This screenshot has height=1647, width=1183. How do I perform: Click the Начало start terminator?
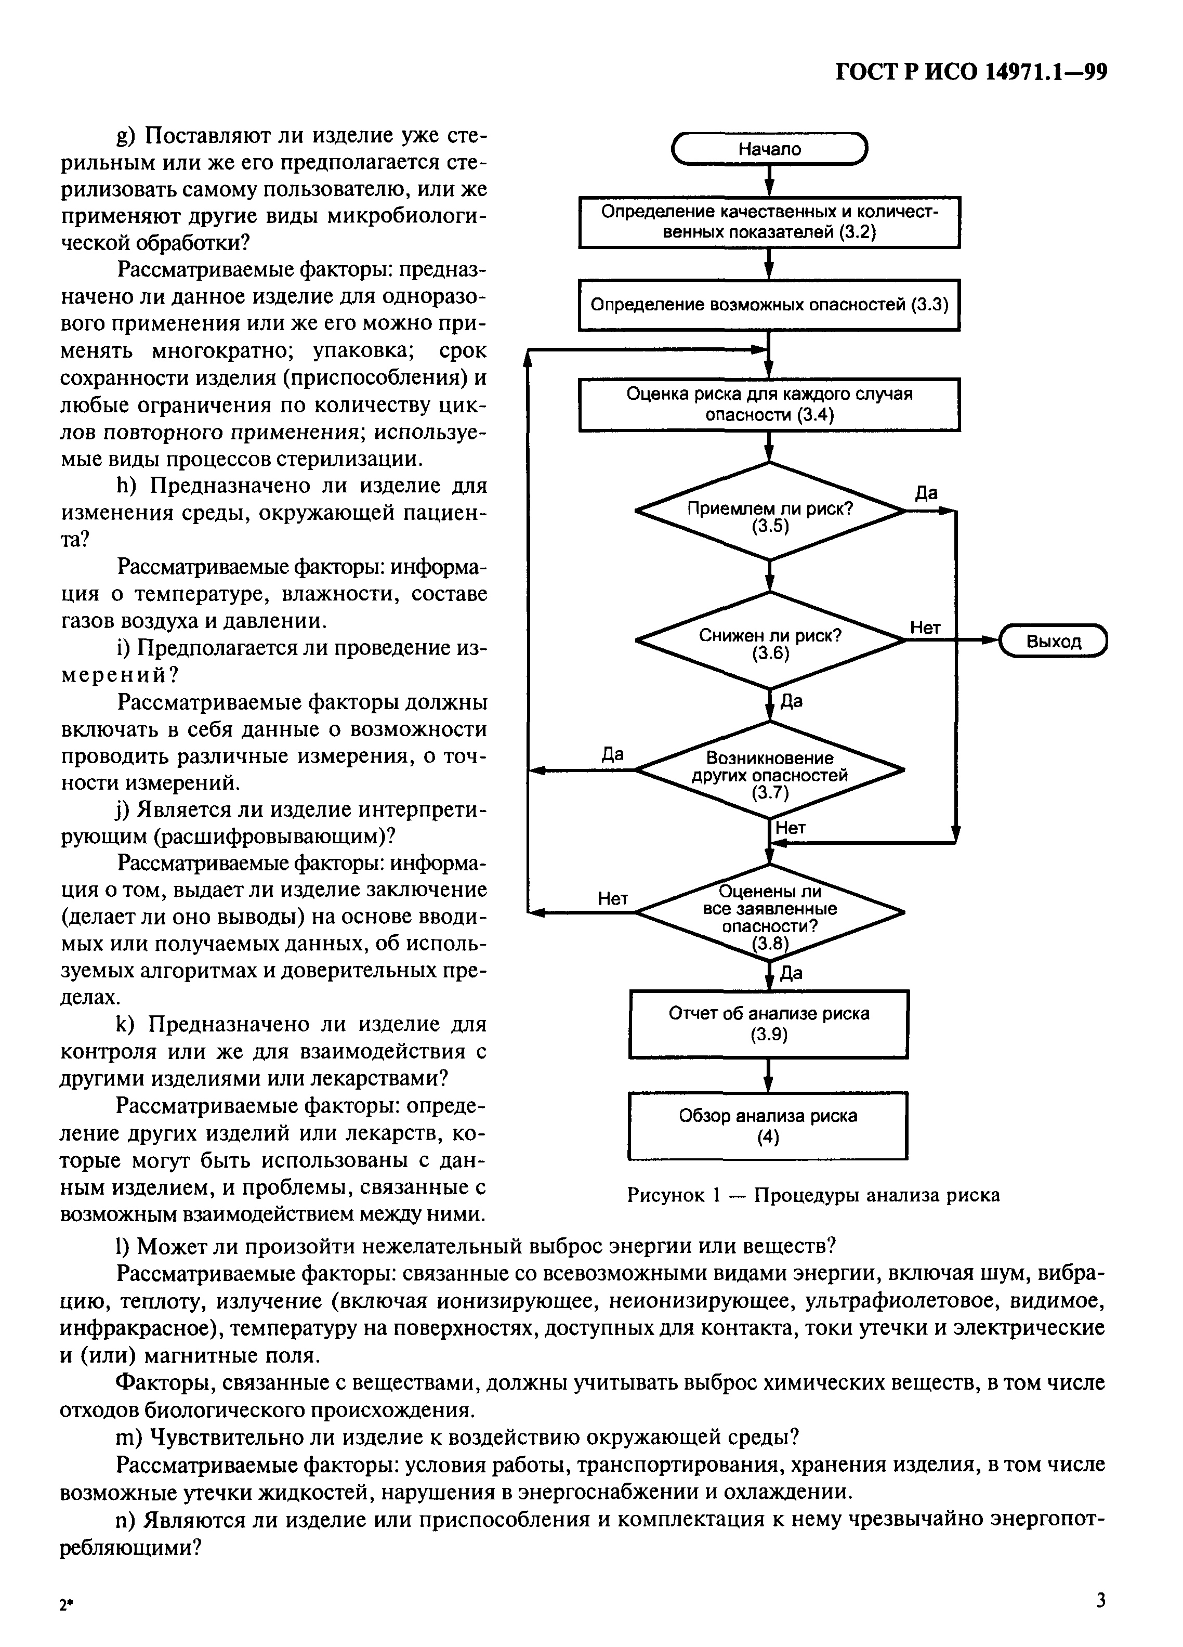pos(770,149)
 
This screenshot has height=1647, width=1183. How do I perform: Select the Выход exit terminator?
pos(1053,641)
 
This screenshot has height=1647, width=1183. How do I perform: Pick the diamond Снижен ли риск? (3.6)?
pos(770,641)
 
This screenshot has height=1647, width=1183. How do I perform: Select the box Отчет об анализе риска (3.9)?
pos(768,1024)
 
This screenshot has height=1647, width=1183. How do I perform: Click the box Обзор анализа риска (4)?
pos(768,1126)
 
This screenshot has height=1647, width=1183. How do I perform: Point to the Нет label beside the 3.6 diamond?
pos(925,628)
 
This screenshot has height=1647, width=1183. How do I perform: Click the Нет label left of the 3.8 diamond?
pos(612,899)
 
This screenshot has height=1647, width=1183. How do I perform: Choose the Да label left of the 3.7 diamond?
pos(612,754)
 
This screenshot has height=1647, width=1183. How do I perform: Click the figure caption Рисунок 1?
pos(813,1195)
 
